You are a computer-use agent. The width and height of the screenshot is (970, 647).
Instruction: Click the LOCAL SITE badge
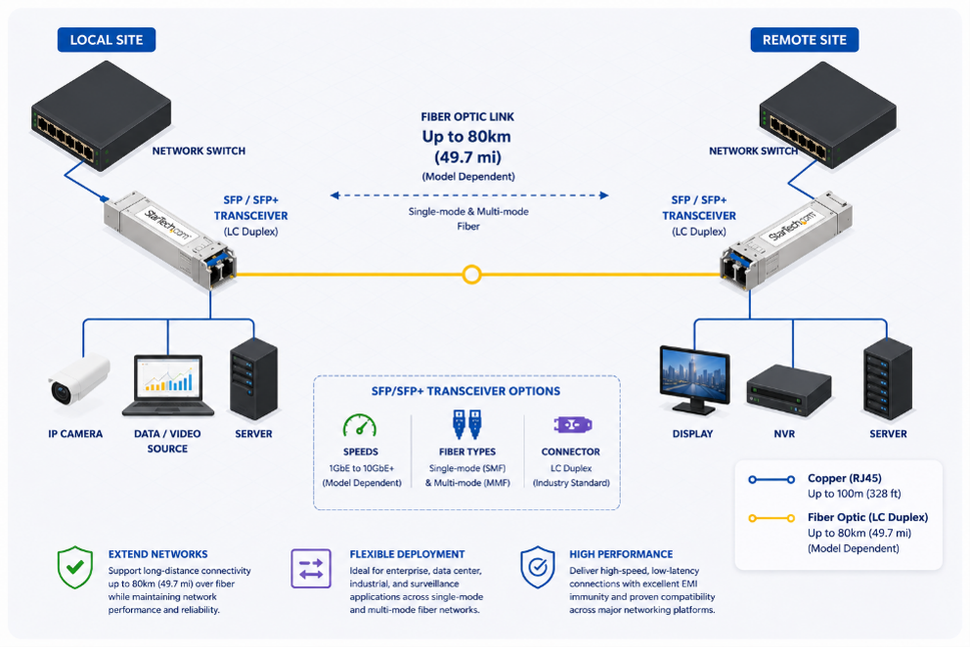(107, 40)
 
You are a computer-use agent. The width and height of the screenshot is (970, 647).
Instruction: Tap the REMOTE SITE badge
(804, 40)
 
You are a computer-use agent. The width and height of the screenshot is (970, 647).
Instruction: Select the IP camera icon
(78, 380)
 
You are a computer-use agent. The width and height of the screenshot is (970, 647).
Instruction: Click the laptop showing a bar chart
(167, 385)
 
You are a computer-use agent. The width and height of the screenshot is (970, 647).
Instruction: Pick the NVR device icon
(788, 390)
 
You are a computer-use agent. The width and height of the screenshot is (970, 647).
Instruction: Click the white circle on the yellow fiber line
(472, 274)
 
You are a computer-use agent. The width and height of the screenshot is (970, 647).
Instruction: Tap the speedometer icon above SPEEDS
(360, 425)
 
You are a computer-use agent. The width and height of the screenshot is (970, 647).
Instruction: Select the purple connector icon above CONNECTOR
(572, 425)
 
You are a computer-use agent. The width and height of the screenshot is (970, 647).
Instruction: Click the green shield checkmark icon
(75, 567)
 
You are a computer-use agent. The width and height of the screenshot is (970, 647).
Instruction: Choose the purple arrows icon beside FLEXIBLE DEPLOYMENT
(311, 569)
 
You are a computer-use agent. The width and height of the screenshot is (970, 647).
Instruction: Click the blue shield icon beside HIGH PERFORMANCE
(538, 567)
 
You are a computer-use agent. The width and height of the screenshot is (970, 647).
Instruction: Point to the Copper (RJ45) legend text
(845, 478)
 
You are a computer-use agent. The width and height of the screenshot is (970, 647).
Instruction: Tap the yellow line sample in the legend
(772, 518)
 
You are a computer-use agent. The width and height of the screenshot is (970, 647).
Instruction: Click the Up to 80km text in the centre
(467, 137)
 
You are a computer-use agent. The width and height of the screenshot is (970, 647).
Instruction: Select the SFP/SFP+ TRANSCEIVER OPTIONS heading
(465, 391)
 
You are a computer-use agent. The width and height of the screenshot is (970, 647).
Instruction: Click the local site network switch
(102, 115)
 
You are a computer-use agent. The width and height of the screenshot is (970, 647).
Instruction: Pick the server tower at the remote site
(888, 379)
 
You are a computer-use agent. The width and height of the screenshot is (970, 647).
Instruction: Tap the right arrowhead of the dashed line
(603, 195)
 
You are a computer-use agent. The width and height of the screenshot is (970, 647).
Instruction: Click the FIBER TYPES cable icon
(467, 424)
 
